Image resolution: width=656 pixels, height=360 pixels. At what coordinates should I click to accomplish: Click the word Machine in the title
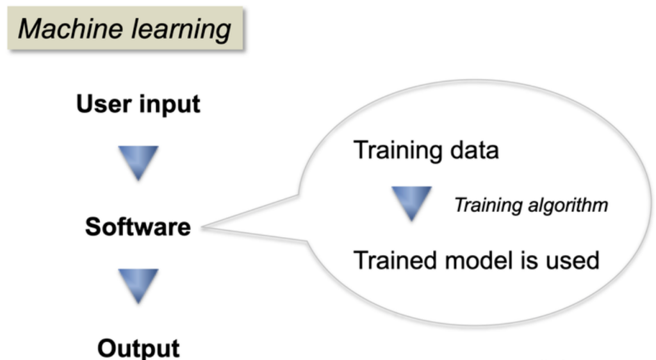click(70, 29)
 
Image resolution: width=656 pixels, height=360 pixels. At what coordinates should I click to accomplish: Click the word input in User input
click(169, 104)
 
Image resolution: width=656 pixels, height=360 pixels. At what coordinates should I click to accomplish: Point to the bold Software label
click(138, 227)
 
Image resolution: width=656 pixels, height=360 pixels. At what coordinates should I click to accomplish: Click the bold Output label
click(138, 348)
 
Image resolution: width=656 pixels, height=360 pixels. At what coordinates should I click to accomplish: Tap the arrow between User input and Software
click(138, 163)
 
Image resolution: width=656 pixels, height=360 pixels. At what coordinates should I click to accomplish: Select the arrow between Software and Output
click(138, 286)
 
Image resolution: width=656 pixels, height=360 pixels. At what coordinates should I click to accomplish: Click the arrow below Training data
click(412, 204)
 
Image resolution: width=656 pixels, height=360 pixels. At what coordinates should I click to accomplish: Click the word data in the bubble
click(475, 150)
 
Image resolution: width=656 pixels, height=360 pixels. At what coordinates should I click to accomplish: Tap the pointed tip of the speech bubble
click(202, 227)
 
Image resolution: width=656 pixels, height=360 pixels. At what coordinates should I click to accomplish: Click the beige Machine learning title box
click(125, 28)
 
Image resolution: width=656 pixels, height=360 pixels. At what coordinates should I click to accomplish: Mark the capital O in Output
click(108, 348)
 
